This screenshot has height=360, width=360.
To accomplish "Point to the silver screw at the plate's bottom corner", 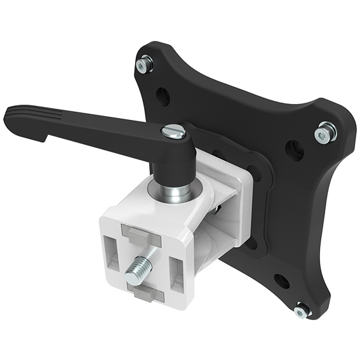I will coord(302,310).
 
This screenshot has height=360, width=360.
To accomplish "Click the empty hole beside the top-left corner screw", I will coord(163,96).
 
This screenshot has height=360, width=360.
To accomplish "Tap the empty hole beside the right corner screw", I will coord(295,150).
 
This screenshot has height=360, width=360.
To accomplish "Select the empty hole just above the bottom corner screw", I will coord(282,281).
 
